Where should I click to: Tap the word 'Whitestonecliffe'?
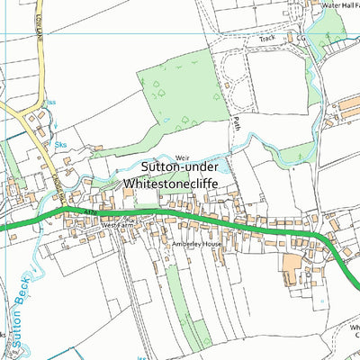[184, 183]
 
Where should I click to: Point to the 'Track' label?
[266, 40]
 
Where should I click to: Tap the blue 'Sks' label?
[61, 143]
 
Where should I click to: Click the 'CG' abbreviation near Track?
[302, 39]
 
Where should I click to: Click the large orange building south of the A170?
[292, 264]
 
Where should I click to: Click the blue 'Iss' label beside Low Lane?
[51, 102]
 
